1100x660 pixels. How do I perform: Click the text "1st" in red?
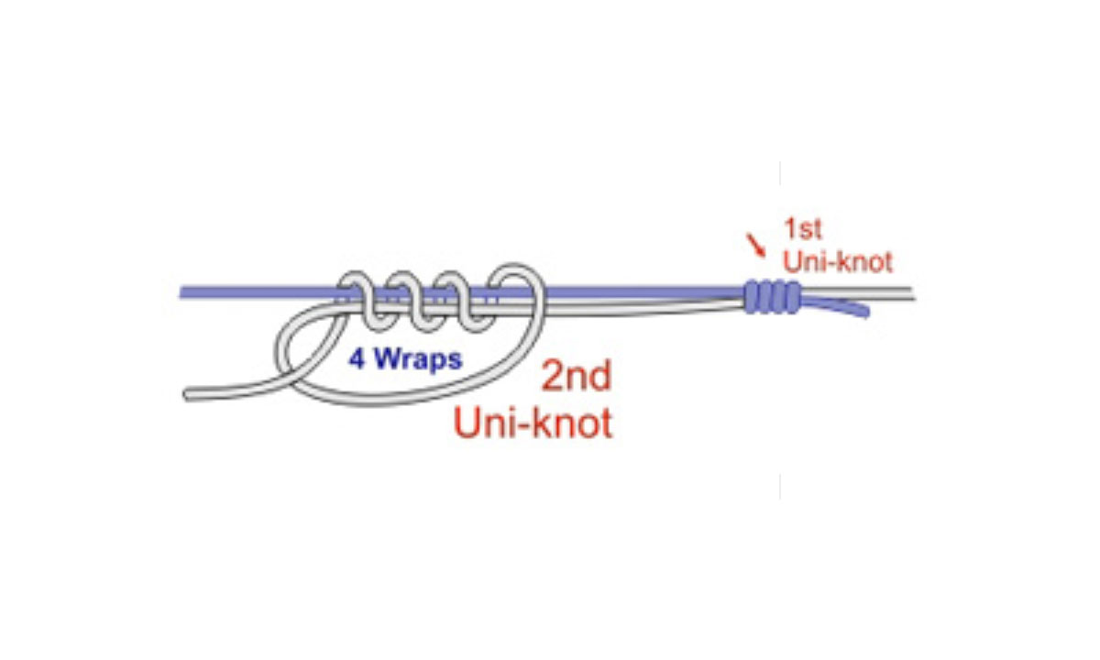point(803,229)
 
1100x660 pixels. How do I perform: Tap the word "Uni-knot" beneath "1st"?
point(837,261)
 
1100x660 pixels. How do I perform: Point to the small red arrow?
point(756,245)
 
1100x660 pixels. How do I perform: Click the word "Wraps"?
point(417,359)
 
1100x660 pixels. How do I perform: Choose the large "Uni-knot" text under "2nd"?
point(533,424)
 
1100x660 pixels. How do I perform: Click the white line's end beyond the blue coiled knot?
point(907,294)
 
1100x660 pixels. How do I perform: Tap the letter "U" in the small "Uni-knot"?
point(790,261)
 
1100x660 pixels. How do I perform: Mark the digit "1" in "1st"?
point(790,229)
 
